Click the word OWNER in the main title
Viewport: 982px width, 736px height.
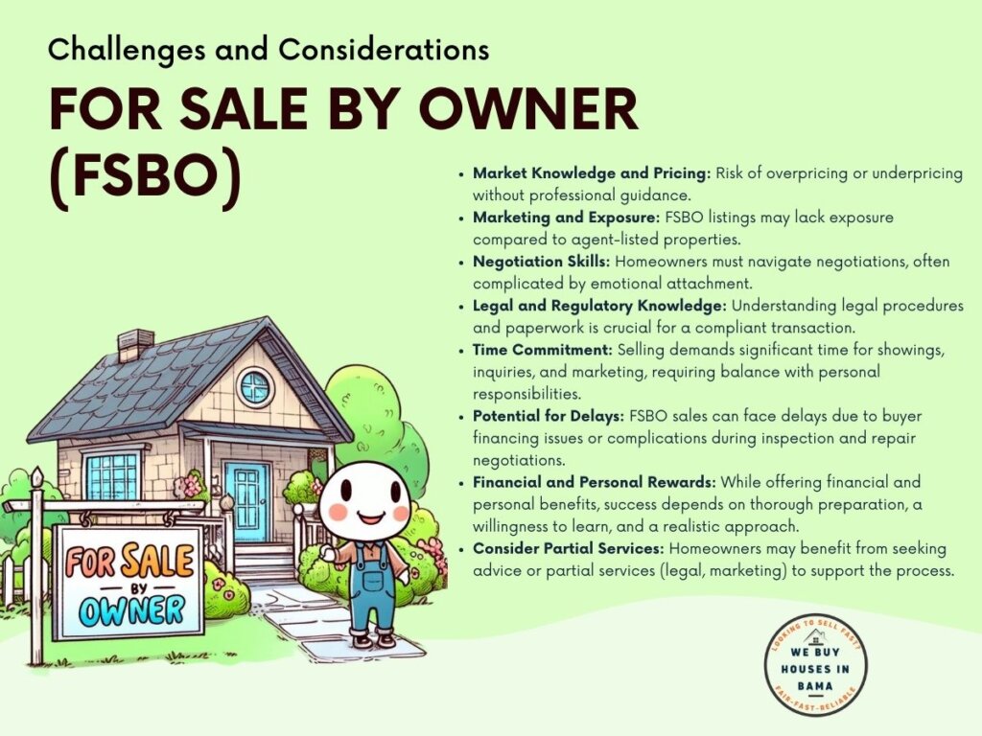[x=528, y=107]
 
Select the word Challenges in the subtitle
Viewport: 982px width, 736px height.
[x=127, y=50]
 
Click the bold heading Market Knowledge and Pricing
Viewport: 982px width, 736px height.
[x=592, y=173]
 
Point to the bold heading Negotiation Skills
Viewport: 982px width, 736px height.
[x=541, y=262]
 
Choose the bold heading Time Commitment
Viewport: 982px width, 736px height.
[x=543, y=349]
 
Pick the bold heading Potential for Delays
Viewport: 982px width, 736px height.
[x=549, y=416]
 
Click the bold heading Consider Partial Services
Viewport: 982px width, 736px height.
[x=568, y=549]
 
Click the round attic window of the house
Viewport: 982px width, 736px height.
[x=254, y=388]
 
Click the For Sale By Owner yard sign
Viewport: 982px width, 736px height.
[x=128, y=582]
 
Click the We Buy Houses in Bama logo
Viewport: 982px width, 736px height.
[x=815, y=665]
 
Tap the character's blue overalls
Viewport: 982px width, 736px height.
[x=373, y=588]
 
